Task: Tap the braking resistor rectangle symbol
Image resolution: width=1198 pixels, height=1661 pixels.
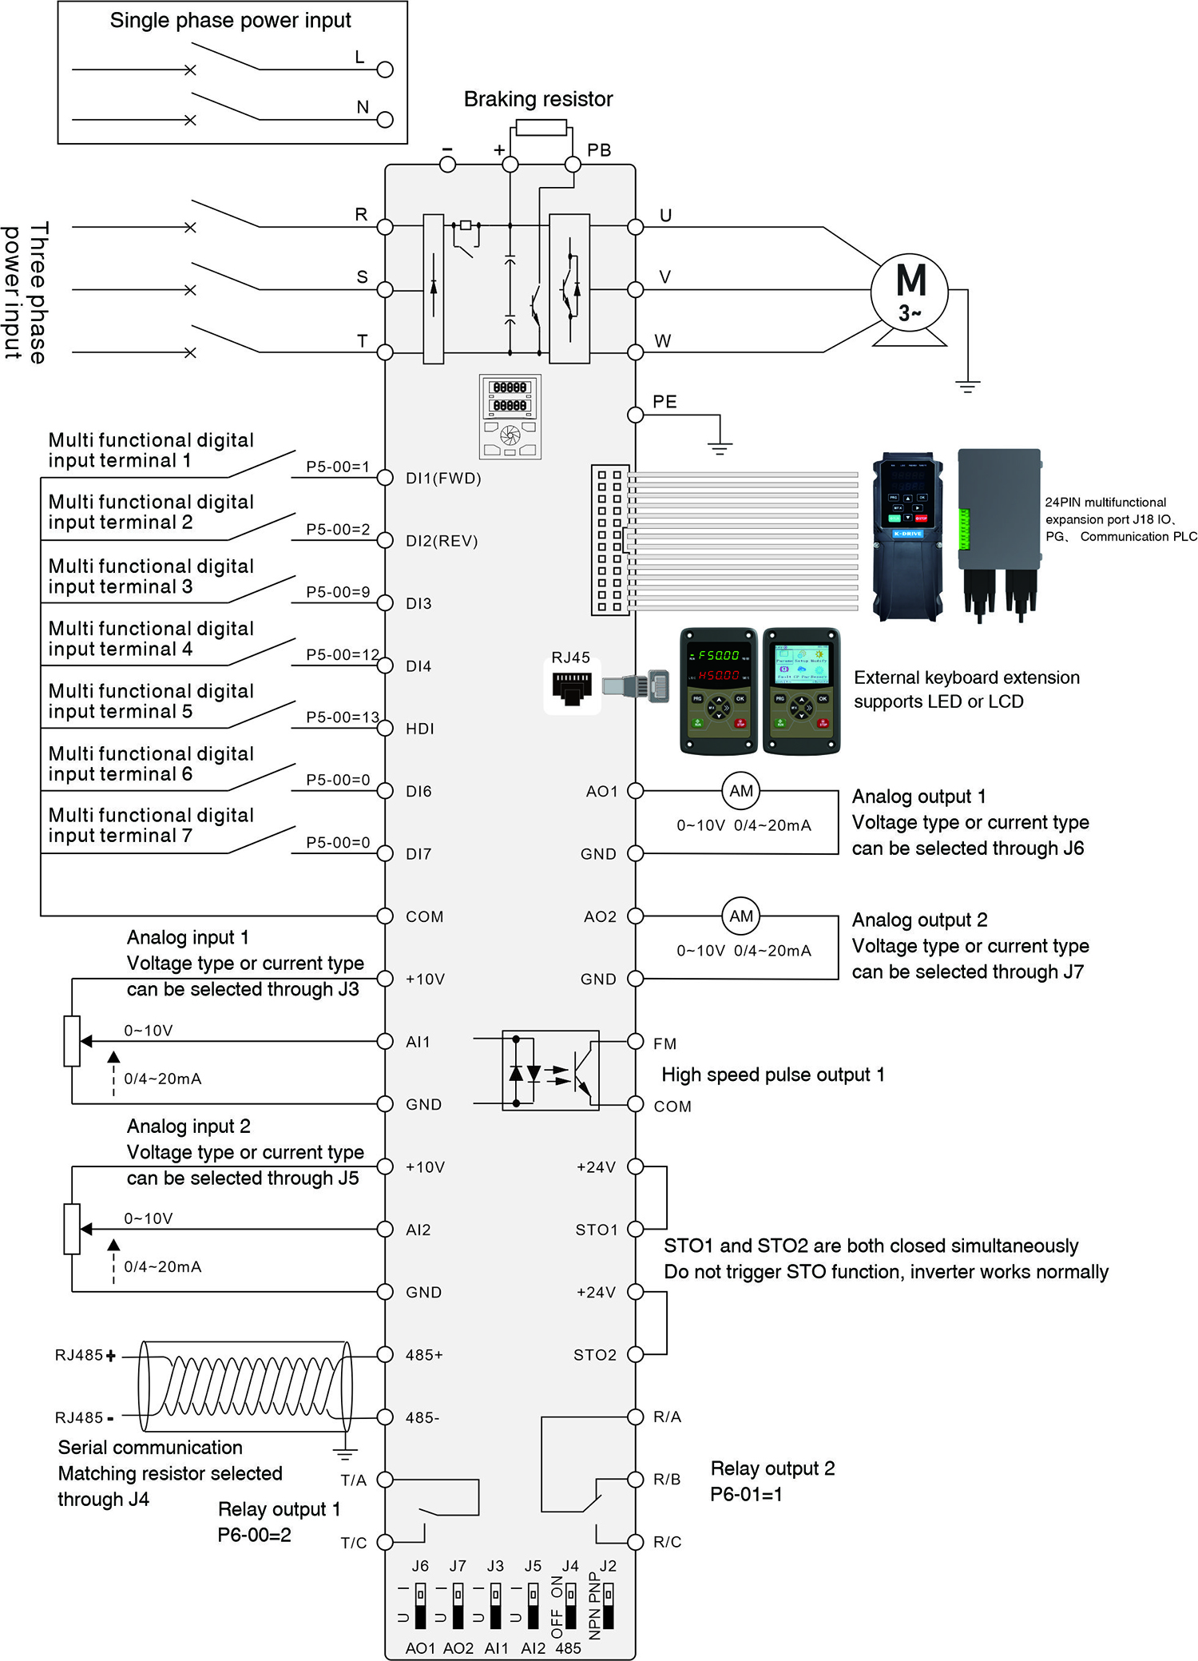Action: pyautogui.click(x=541, y=127)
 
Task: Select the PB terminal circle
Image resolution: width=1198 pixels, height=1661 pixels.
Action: pyautogui.click(x=573, y=165)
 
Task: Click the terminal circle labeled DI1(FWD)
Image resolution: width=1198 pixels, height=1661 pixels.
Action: pyautogui.click(x=385, y=478)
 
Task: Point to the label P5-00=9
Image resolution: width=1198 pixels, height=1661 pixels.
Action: pyautogui.click(x=338, y=592)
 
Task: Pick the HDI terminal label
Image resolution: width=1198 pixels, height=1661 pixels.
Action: pyautogui.click(x=420, y=729)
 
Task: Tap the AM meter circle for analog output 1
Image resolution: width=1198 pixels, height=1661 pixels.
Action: pyautogui.click(x=740, y=791)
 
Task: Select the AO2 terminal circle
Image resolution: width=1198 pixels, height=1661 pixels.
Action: pyautogui.click(x=635, y=916)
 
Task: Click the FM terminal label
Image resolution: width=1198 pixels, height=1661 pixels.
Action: pyautogui.click(x=664, y=1043)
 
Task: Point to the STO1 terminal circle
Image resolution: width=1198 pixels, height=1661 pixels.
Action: pyautogui.click(x=635, y=1230)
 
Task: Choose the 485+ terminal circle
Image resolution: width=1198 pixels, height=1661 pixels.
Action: pyautogui.click(x=385, y=1354)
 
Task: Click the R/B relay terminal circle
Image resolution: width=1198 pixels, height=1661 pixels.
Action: pyautogui.click(x=635, y=1480)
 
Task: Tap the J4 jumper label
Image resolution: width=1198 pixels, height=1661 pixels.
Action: pyautogui.click(x=569, y=1566)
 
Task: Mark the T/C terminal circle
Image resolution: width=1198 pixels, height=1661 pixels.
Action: pyautogui.click(x=385, y=1542)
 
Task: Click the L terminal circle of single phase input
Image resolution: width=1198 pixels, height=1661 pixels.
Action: pyautogui.click(x=385, y=70)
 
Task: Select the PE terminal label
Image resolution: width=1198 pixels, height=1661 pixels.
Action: pyautogui.click(x=664, y=401)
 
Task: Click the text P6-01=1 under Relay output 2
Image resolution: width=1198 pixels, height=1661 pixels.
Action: pyautogui.click(x=746, y=1494)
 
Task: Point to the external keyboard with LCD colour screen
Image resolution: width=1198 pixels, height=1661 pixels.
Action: pyautogui.click(x=801, y=691)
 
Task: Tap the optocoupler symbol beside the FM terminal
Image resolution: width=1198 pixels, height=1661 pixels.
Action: pyautogui.click(x=550, y=1071)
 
